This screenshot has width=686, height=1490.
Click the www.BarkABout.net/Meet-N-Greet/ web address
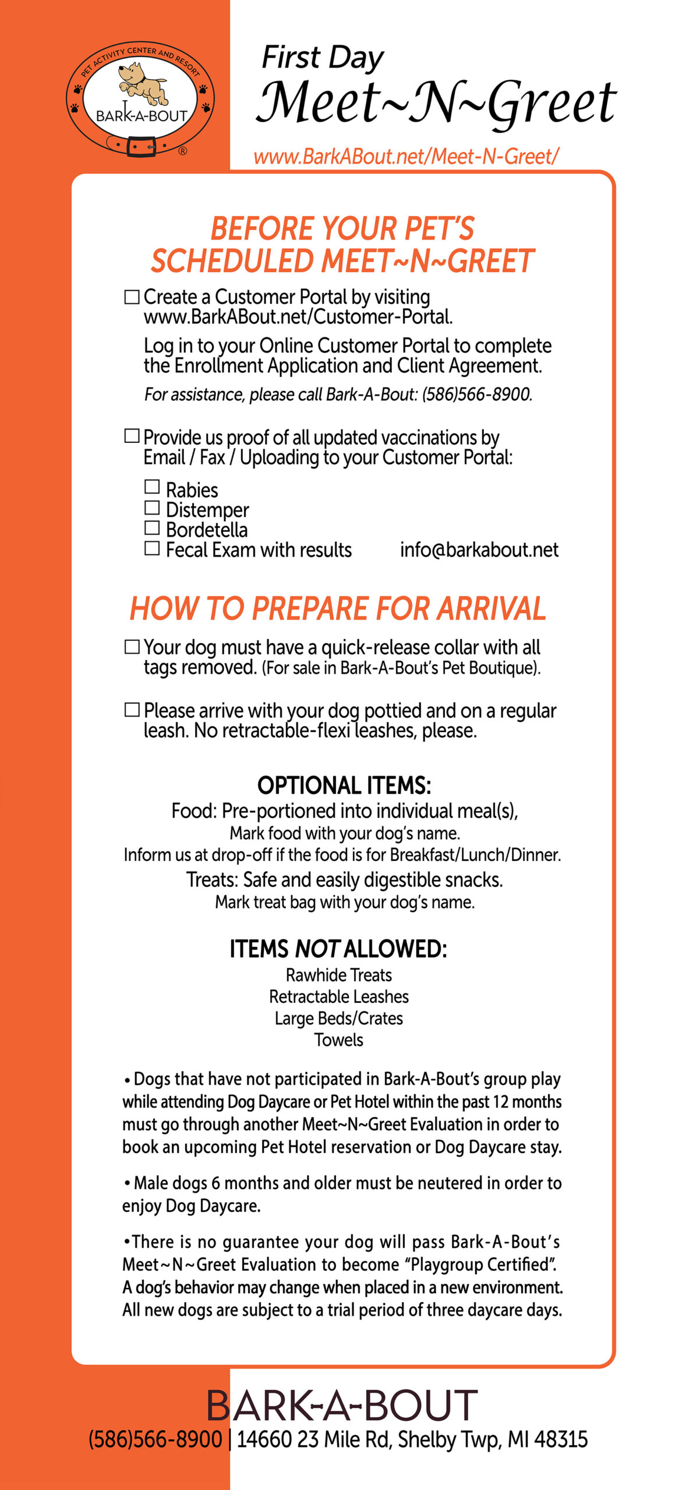(x=406, y=157)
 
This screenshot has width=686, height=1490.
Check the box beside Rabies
(x=152, y=487)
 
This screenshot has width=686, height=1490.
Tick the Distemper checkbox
(x=152, y=508)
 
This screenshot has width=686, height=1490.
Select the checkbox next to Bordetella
(x=152, y=528)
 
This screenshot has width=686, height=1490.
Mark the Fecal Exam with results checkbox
(x=152, y=548)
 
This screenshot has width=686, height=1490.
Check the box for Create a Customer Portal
(x=132, y=297)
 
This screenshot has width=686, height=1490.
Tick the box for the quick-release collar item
(x=132, y=647)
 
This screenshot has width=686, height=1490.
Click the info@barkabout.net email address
(x=479, y=550)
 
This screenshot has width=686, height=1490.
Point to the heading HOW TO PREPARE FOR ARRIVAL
(x=338, y=609)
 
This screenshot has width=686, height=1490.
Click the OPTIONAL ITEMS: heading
(x=344, y=785)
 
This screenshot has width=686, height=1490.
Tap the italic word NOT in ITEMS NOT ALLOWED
(x=317, y=949)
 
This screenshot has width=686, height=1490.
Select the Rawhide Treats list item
(x=339, y=975)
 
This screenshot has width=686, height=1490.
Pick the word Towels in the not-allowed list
(x=339, y=1040)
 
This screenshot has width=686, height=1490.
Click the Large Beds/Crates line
(x=339, y=1018)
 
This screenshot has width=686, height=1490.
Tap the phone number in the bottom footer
(x=155, y=1439)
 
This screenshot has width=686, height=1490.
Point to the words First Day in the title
(x=323, y=58)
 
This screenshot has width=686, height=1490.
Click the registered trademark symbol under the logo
(x=183, y=151)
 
